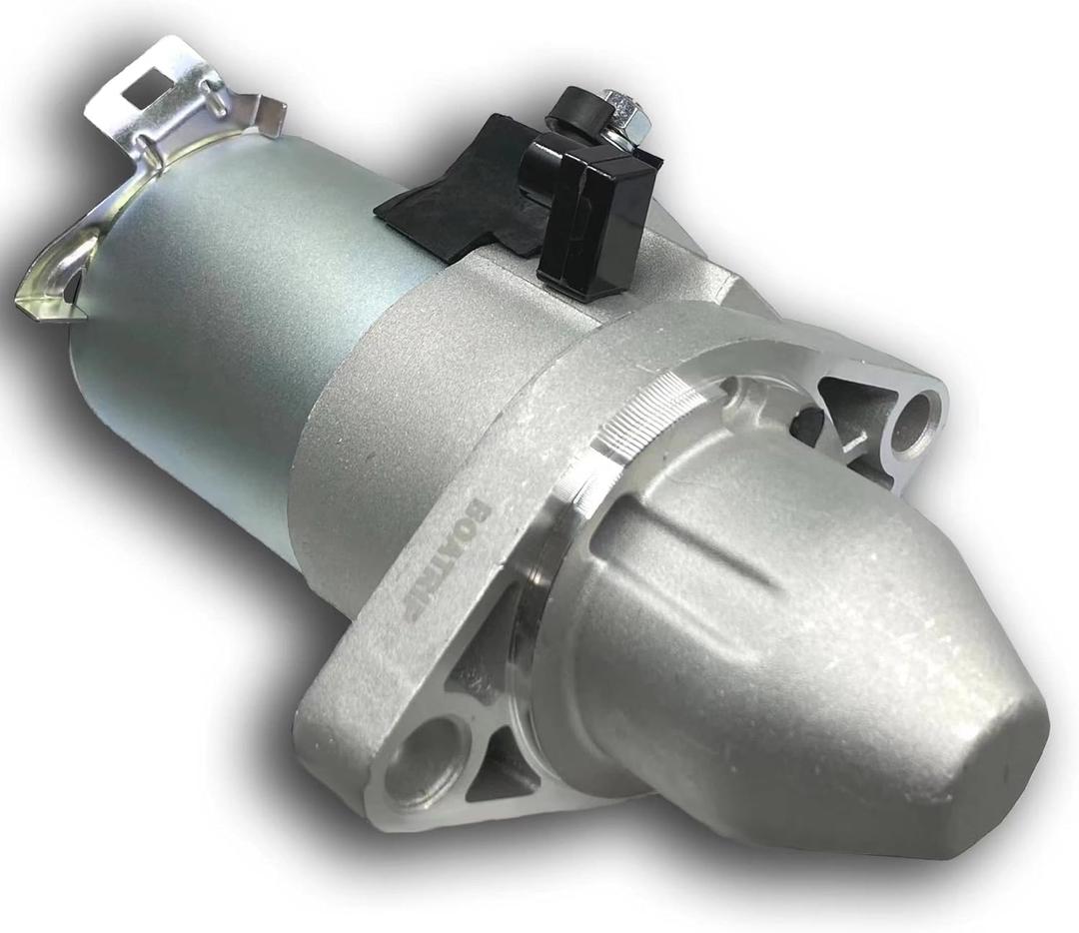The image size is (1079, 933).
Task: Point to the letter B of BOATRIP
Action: click(478, 508)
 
